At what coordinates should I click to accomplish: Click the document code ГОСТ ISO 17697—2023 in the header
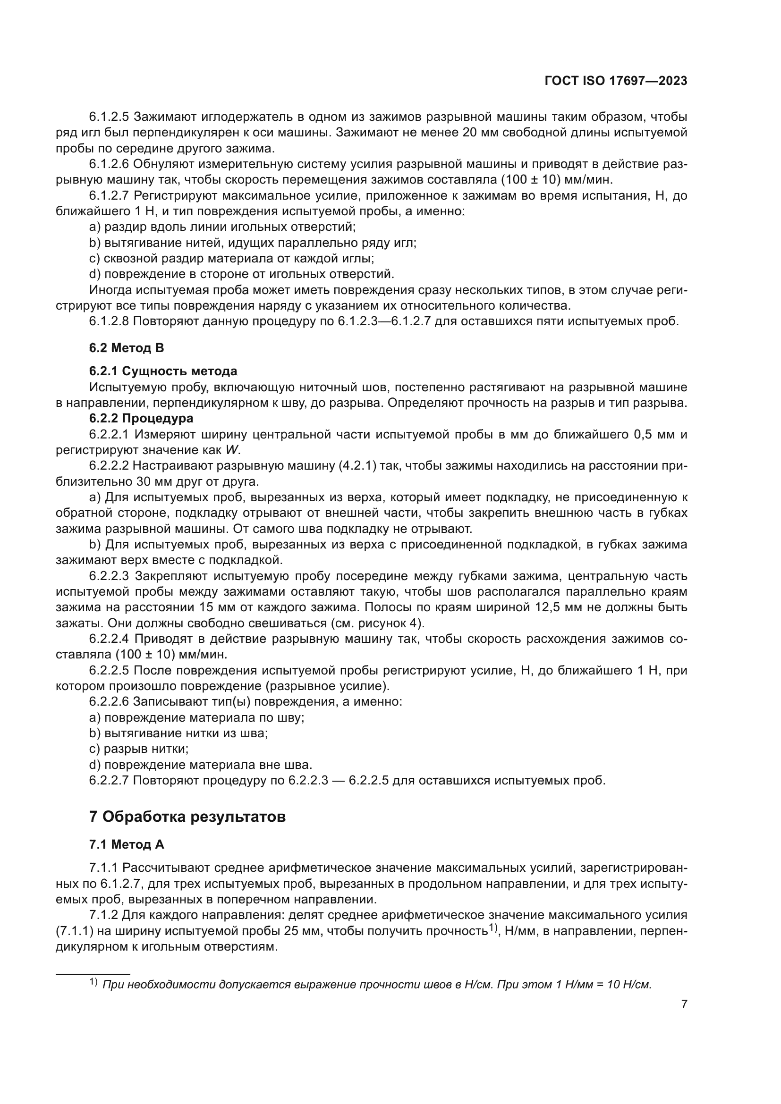coord(616,81)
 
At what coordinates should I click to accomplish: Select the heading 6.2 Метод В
coord(127,348)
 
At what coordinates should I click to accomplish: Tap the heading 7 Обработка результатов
coord(187,817)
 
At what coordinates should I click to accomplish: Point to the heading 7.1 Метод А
coord(127,844)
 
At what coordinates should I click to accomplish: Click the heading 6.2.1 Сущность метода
coord(163,371)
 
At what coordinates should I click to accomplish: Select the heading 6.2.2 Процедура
coord(141,418)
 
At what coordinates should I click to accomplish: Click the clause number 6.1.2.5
coord(109,117)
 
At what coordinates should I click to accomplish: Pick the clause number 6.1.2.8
coord(109,321)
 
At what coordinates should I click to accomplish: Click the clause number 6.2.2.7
coord(109,780)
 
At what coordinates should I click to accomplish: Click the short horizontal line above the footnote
coord(93,974)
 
